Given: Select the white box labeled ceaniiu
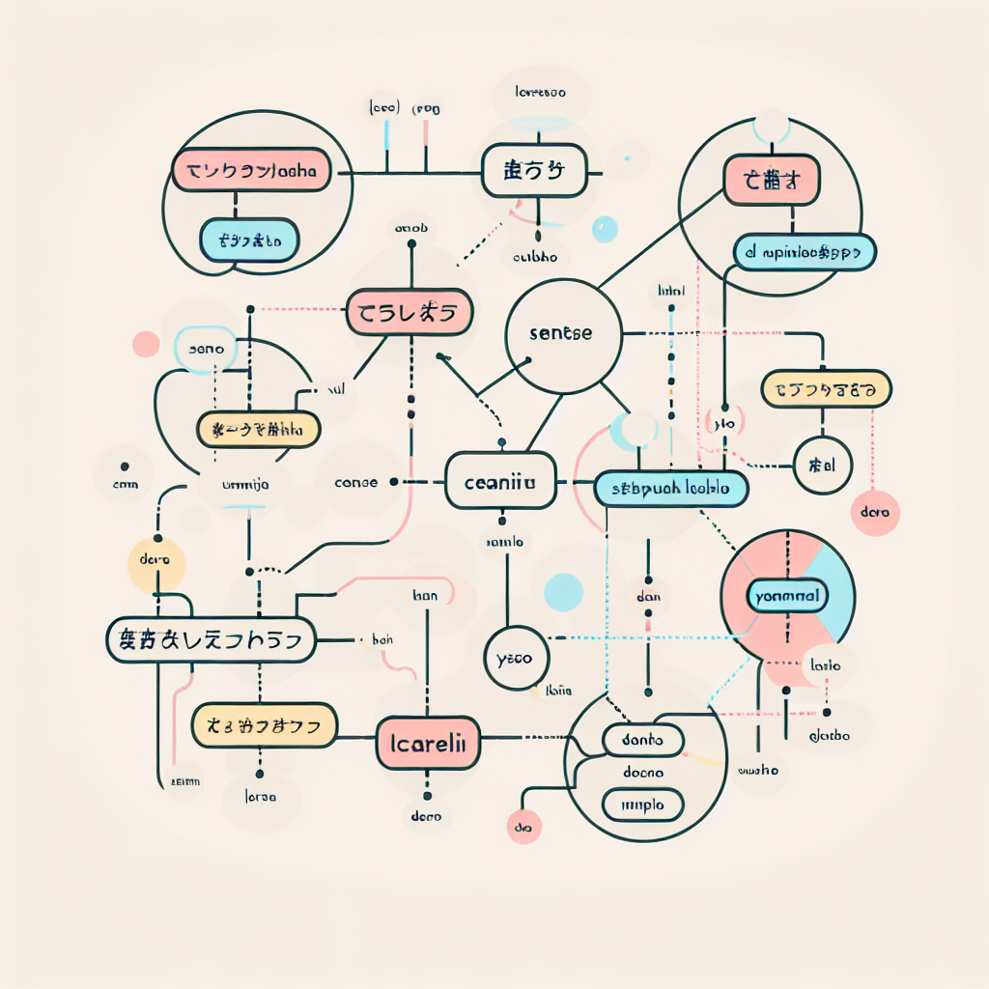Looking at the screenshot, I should (500, 481).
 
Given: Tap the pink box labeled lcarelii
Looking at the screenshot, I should (427, 743).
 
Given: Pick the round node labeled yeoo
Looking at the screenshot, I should (515, 660).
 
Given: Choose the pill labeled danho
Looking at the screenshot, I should (642, 741).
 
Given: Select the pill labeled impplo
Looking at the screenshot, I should (642, 803).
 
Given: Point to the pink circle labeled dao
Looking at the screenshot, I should (523, 828).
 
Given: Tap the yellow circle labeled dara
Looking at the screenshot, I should (155, 560).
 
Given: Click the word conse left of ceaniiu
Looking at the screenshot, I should (355, 482).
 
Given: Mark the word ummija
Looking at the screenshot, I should (245, 485).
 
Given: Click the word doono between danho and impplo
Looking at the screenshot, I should (642, 773).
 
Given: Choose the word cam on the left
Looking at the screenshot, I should (126, 486).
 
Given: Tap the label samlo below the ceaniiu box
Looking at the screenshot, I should (503, 542).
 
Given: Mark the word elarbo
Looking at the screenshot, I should (829, 736).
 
